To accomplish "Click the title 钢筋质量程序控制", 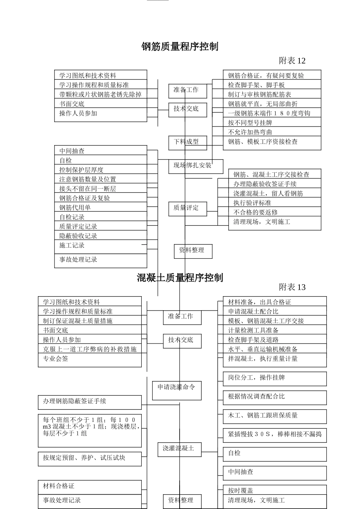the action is pyautogui.click(x=180, y=47).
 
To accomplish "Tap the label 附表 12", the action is pyautogui.click(x=292, y=61).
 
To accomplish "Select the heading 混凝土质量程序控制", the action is pyautogui.click(x=180, y=278).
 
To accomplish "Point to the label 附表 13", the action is pyautogui.click(x=292, y=287).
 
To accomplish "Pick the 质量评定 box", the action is pyautogui.click(x=188, y=208).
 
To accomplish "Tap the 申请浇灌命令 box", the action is pyautogui.click(x=177, y=390).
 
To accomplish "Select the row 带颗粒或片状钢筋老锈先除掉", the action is pyautogui.click(x=100, y=94).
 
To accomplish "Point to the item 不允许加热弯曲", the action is pyautogui.click(x=271, y=132).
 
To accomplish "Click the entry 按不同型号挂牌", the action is pyautogui.click(x=271, y=123).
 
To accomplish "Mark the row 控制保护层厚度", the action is pyautogui.click(x=100, y=170).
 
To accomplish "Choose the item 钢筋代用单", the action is pyautogui.click(x=100, y=207).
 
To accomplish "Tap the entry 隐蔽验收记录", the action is pyautogui.click(x=100, y=236).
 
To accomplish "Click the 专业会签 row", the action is pyautogui.click(x=89, y=359).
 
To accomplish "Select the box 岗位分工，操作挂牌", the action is pyautogui.click(x=274, y=378).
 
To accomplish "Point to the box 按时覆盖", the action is pyautogui.click(x=274, y=490).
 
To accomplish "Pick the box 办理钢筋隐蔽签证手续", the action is pyautogui.click(x=89, y=402).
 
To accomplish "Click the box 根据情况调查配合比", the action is pyautogui.click(x=274, y=397).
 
